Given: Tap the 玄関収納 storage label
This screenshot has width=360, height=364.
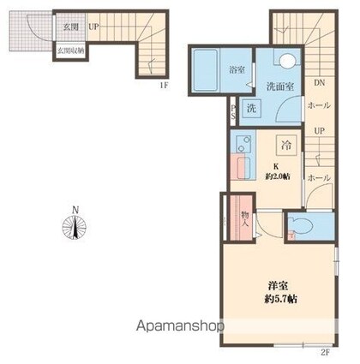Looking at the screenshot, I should click(x=70, y=51).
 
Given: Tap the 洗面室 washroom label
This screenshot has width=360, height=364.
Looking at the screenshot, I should click(x=279, y=87).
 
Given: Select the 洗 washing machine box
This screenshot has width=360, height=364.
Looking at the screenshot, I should click(x=251, y=108).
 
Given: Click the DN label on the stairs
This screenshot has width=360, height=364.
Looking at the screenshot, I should click(x=318, y=83).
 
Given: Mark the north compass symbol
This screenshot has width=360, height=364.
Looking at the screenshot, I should click(x=75, y=228).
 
